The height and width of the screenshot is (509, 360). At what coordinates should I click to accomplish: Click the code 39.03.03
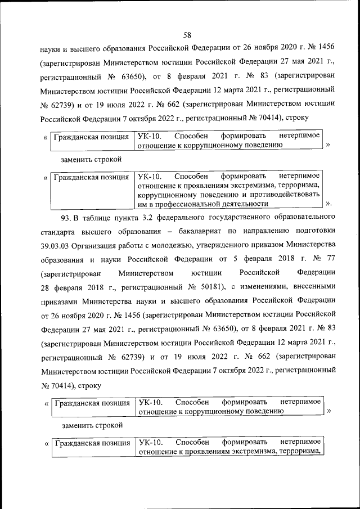pyautogui.click(x=57, y=245)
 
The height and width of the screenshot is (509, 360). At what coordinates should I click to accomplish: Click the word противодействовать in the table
pyautogui.click(x=287, y=195)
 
